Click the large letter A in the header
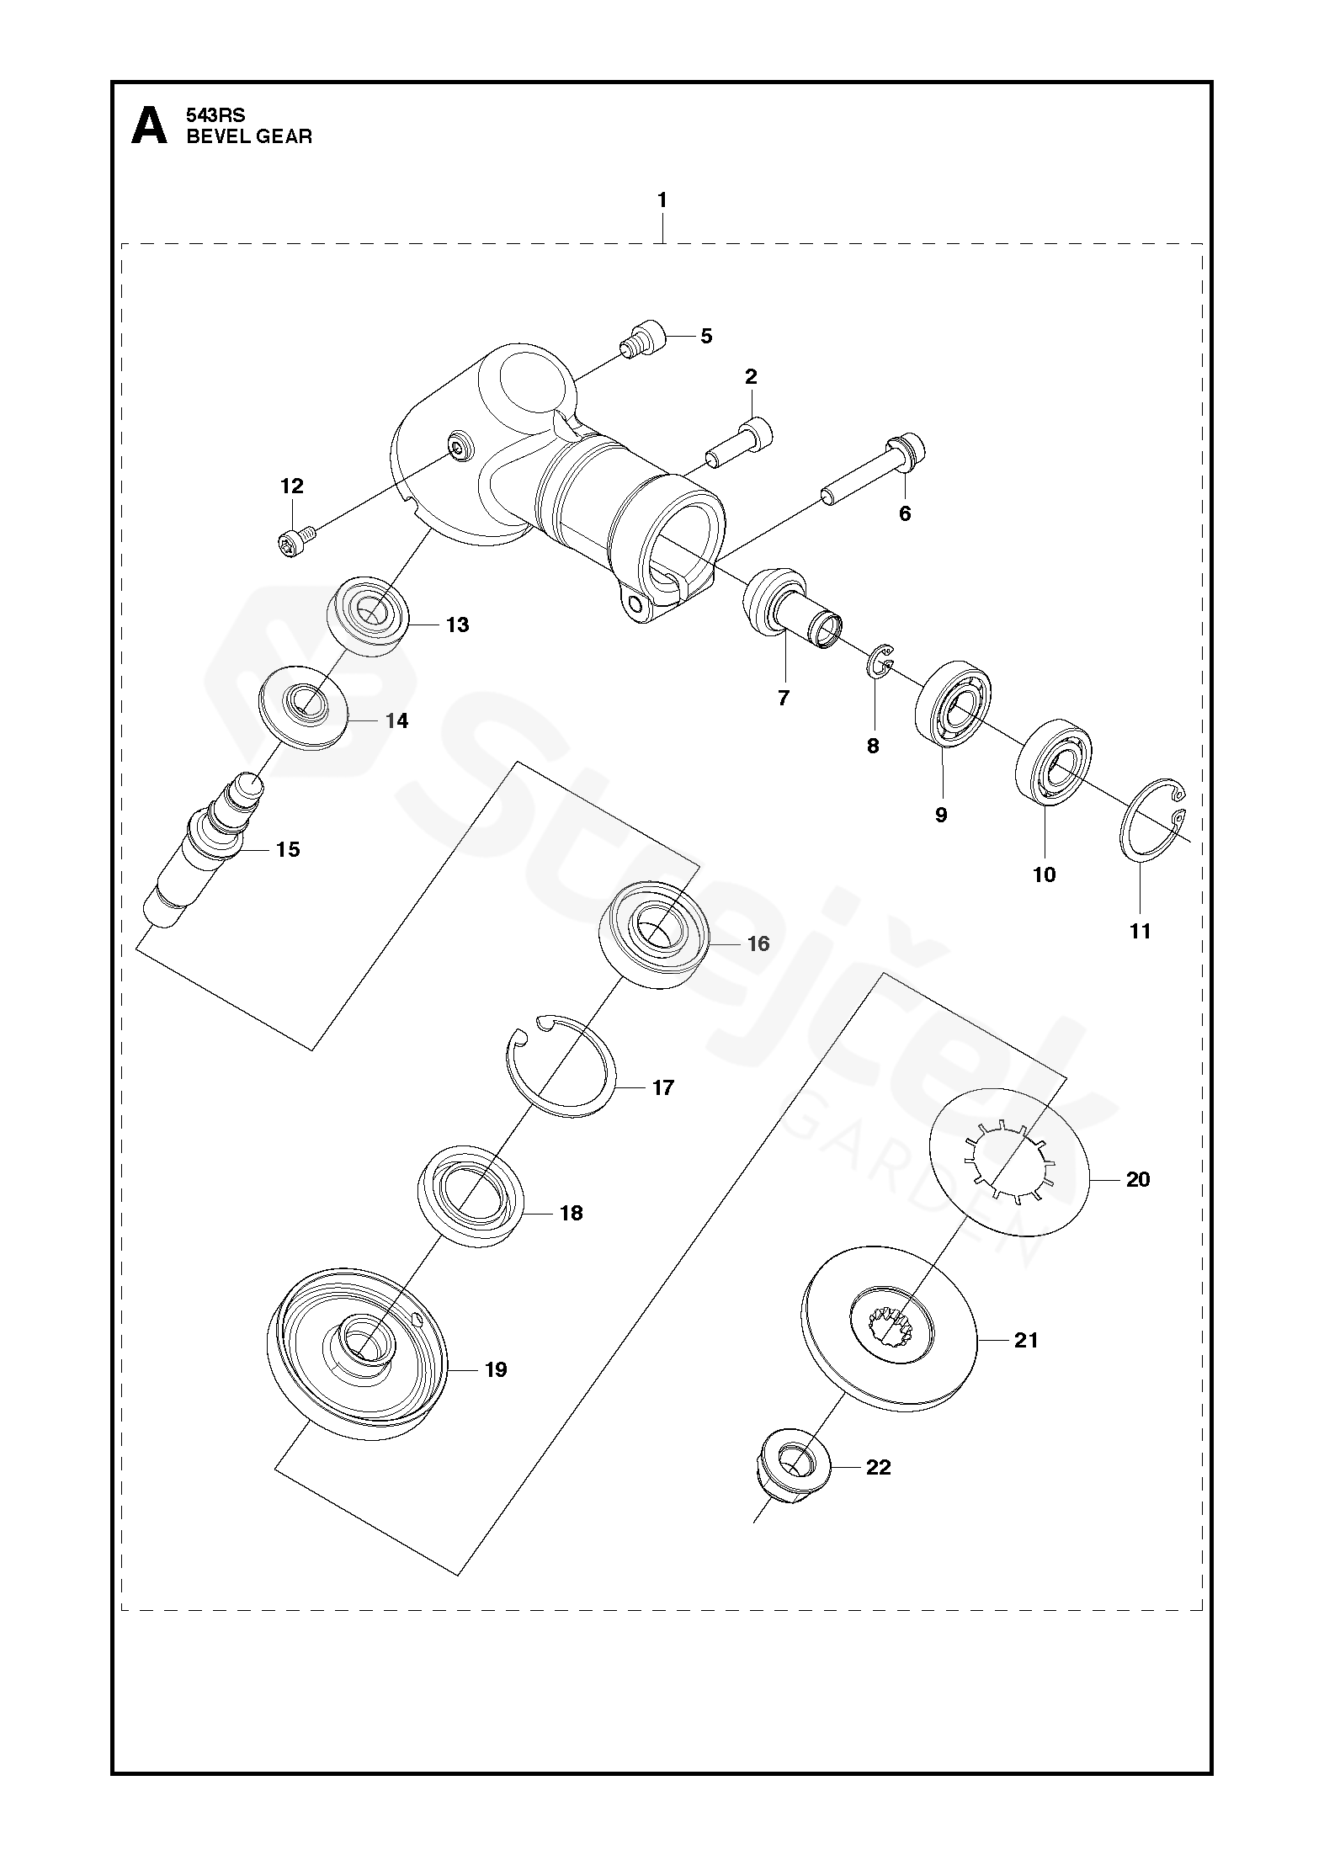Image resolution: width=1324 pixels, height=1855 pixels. click(149, 125)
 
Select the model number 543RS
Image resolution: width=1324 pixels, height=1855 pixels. click(215, 116)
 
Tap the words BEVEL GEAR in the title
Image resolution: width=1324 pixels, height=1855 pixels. click(249, 137)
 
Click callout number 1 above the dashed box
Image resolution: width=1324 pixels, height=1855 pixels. click(662, 200)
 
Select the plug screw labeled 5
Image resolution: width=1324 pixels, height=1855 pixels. click(643, 341)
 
